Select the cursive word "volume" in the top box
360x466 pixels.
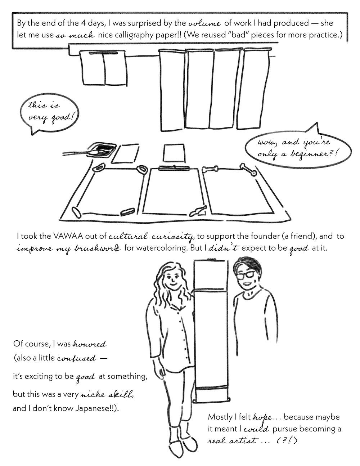click(204, 24)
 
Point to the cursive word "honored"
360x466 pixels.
click(90, 344)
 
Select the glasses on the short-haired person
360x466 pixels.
click(246, 275)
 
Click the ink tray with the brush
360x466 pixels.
click(102, 149)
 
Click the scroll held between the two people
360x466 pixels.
click(211, 324)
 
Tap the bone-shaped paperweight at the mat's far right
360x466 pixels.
click(248, 169)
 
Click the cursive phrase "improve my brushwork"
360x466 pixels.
click(69, 248)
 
